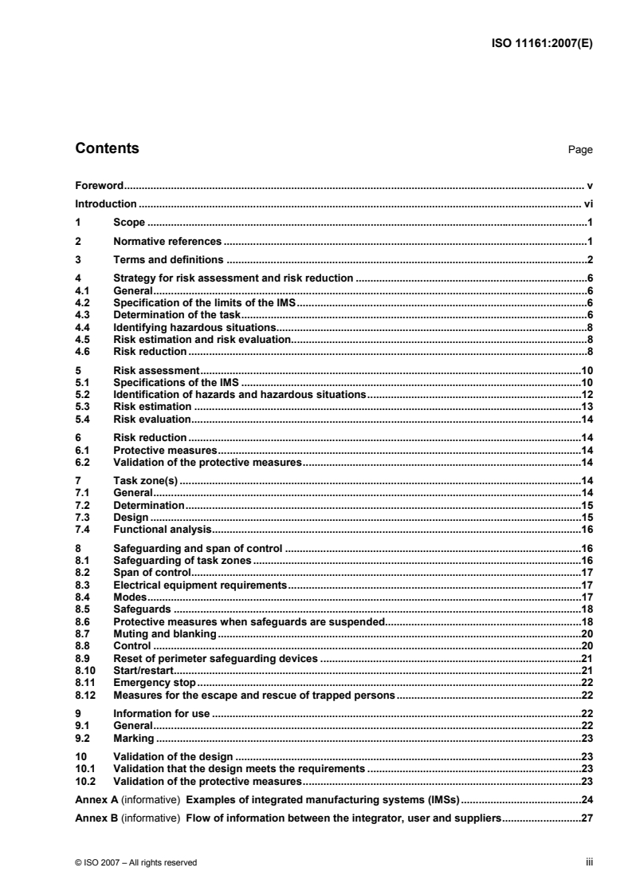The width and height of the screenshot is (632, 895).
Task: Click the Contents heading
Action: (106, 148)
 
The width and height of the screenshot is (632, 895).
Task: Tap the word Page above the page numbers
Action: (580, 150)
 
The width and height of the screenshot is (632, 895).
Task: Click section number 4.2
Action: (81, 304)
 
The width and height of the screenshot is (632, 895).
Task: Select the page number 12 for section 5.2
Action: (587, 395)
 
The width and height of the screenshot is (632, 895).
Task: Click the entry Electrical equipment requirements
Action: (200, 585)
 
